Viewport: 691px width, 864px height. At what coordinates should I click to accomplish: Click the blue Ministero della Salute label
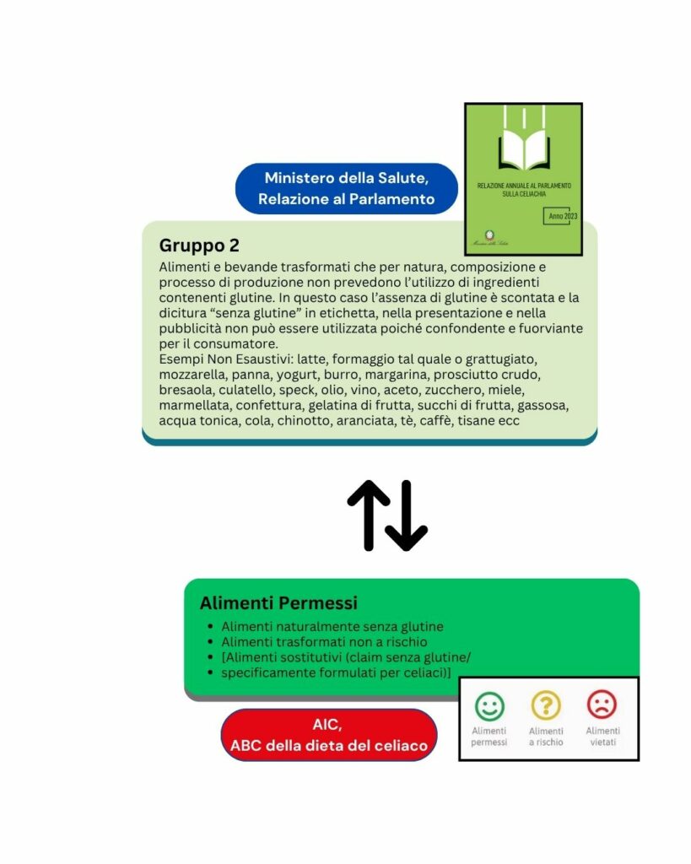click(x=346, y=188)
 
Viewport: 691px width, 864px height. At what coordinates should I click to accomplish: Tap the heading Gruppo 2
click(x=199, y=246)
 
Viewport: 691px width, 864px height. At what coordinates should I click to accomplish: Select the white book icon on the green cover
click(x=523, y=148)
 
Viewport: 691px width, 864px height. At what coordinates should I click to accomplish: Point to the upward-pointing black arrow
click(x=367, y=515)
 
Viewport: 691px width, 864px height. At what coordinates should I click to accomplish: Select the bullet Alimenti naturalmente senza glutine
click(x=332, y=627)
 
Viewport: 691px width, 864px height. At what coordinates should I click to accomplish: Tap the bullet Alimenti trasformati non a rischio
click(x=324, y=642)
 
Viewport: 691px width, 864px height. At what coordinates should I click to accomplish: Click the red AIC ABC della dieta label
click(x=329, y=735)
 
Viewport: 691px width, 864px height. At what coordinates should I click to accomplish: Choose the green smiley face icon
click(x=489, y=705)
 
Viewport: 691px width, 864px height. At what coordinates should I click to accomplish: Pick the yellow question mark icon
click(x=546, y=705)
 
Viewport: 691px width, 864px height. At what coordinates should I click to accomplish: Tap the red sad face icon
click(x=602, y=705)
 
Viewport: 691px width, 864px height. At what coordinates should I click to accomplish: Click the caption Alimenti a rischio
click(x=546, y=737)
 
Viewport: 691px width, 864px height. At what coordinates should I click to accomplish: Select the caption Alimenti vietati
click(x=602, y=737)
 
